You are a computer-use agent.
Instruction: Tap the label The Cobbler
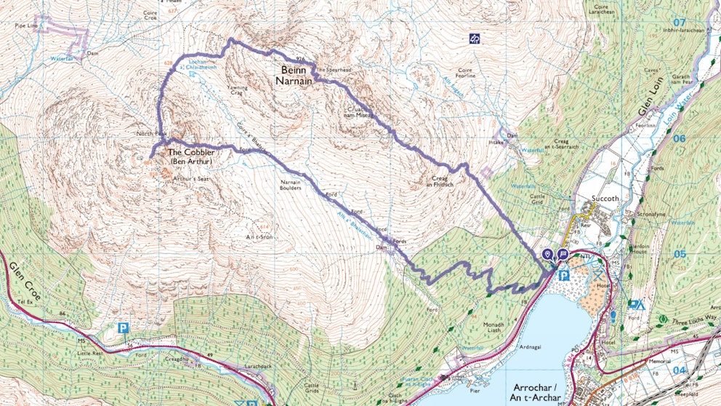(191, 153)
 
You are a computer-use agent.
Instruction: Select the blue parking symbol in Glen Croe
(124, 329)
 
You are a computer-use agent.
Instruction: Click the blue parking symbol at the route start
(563, 275)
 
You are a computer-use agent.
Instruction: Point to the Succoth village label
(595, 198)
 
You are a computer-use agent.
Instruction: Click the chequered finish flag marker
(563, 254)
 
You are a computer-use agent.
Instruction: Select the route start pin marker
(548, 254)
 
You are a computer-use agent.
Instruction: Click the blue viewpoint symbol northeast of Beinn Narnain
(475, 37)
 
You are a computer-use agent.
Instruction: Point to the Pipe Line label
(25, 25)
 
